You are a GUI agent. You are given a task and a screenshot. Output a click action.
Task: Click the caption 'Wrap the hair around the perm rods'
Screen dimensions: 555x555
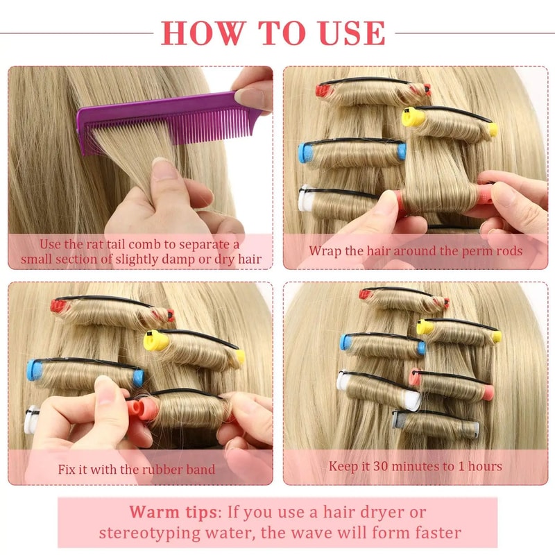416,250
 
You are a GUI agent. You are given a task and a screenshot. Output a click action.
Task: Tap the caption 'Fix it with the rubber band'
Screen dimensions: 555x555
137,469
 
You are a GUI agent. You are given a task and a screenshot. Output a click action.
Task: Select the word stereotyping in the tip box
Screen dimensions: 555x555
148,533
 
